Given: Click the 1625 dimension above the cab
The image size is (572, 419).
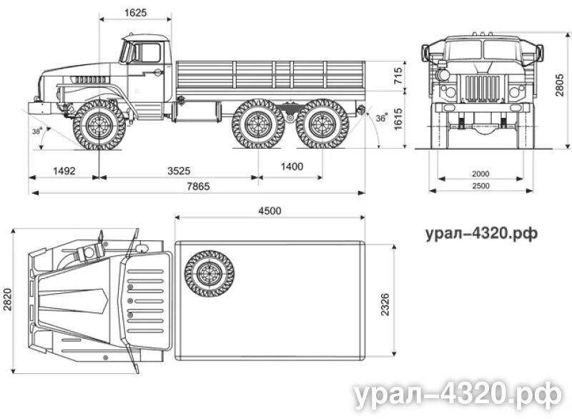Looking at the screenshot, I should pos(134,13).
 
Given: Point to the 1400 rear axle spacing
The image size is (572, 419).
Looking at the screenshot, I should pos(291,167).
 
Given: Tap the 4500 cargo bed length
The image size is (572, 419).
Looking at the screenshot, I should pos(270,210).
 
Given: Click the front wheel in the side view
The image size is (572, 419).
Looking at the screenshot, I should pos(99,124).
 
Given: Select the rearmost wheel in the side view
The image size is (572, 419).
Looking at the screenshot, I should pos(322,124).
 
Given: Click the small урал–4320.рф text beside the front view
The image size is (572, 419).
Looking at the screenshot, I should pos(480,233).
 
